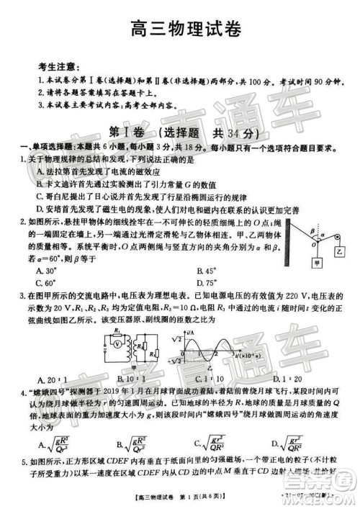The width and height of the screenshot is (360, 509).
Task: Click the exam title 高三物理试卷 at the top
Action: pos(181,30)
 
